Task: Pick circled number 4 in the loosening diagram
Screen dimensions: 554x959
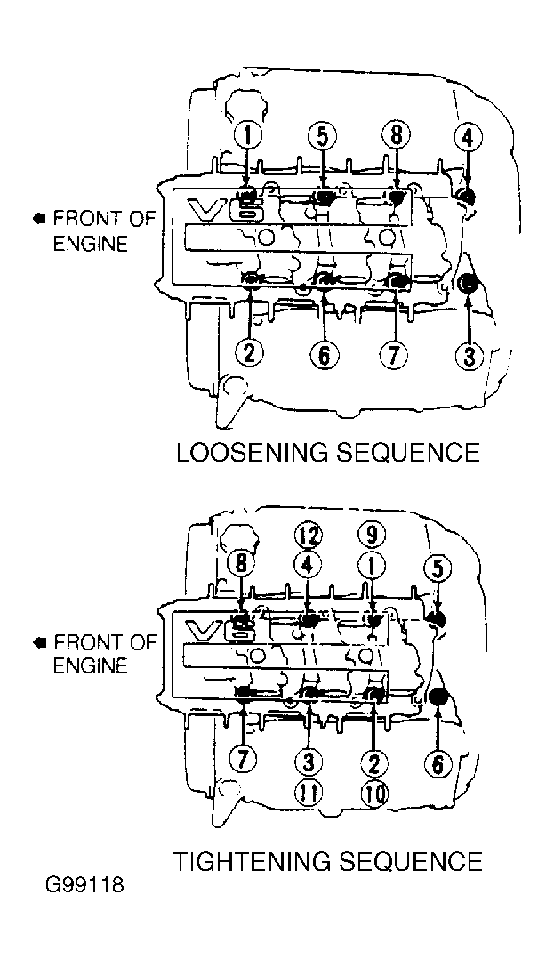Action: coord(467,138)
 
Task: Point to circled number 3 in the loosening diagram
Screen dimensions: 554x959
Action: coord(469,356)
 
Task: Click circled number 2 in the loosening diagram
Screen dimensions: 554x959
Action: coord(250,353)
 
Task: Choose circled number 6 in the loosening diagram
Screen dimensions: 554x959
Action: coord(324,354)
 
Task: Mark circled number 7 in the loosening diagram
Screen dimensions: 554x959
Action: coord(395,354)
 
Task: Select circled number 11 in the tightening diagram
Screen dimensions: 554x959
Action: coord(309,794)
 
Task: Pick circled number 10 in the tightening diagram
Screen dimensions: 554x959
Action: coord(373,794)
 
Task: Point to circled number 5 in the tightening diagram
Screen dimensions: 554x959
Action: coord(438,568)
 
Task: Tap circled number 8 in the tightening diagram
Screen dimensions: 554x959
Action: coord(241,563)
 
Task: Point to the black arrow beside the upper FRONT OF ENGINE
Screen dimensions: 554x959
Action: coord(40,218)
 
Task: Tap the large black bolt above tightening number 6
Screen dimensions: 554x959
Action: coord(438,697)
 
